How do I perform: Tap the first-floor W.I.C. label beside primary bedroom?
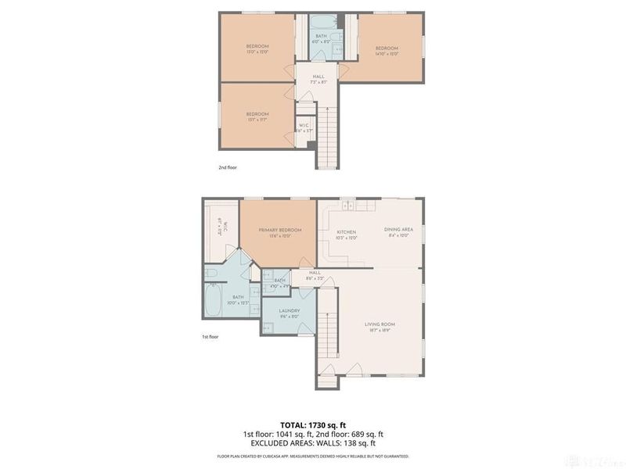pyautogui.click(x=222, y=227)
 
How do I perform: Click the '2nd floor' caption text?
pyautogui.click(x=227, y=167)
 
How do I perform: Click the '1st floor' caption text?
pyautogui.click(x=211, y=337)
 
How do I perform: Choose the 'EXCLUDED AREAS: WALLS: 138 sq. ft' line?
pyautogui.click(x=313, y=443)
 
